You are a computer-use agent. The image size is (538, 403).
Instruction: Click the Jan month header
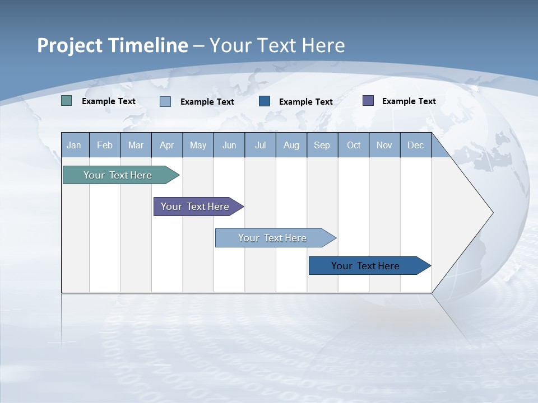pos(74,146)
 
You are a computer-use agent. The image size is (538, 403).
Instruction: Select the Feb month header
pos(105,146)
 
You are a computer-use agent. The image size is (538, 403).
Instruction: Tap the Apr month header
pos(166,146)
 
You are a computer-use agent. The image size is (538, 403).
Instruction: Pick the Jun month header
pos(229,146)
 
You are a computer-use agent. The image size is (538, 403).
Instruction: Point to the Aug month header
pos(291,146)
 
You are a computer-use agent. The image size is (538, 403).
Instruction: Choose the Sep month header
pos(322,146)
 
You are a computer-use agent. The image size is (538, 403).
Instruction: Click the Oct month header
pos(354,146)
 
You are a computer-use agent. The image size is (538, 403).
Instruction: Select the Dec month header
pos(415,146)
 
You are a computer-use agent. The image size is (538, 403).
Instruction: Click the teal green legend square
pos(67,101)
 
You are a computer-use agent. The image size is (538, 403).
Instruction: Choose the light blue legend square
pos(165,101)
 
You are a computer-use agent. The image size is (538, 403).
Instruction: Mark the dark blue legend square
pos(265,101)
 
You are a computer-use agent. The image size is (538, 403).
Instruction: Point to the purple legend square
pos(368,101)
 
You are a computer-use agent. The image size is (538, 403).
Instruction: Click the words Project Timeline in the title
pos(113,45)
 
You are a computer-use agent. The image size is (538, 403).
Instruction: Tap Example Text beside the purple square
pos(409,101)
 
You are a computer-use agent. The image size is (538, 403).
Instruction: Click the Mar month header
pos(136,146)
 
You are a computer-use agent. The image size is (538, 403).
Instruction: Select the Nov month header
pos(384,146)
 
